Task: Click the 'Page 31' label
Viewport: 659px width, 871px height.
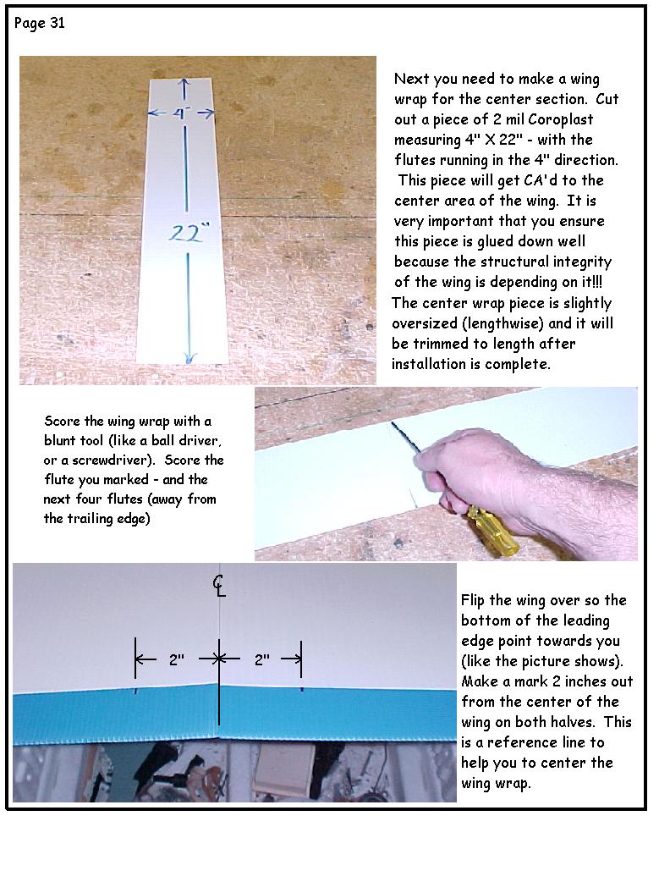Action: (x=40, y=23)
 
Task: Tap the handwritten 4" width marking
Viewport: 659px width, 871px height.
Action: (x=181, y=113)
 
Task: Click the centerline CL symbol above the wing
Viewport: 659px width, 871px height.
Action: (x=218, y=584)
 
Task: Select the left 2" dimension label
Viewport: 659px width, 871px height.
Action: (x=176, y=659)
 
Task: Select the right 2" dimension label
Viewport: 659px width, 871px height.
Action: (x=261, y=659)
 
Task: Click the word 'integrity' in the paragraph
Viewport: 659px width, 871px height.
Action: (x=582, y=262)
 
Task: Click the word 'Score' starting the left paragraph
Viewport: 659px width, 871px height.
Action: (x=61, y=421)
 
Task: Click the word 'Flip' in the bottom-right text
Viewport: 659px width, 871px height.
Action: (x=476, y=600)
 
